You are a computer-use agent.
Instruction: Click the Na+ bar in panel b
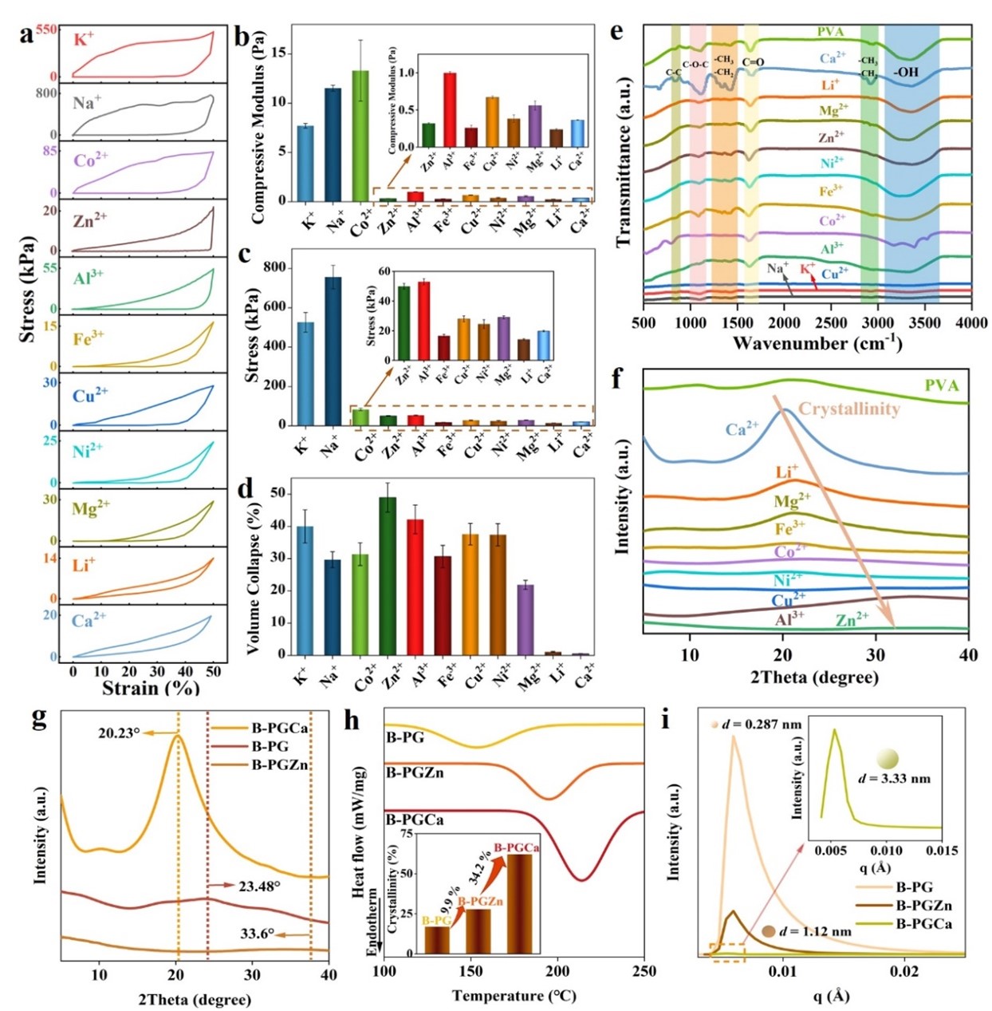pyautogui.click(x=333, y=144)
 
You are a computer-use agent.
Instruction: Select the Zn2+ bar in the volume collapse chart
pyautogui.click(x=388, y=575)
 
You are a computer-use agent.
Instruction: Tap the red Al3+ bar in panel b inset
pyautogui.click(x=450, y=110)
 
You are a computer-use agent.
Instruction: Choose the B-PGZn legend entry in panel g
pyautogui.click(x=280, y=765)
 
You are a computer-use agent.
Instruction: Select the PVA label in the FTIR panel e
pyautogui.click(x=830, y=32)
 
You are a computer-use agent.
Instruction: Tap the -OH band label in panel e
pyautogui.click(x=906, y=72)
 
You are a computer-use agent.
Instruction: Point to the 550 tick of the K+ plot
pyautogui.click(x=45, y=30)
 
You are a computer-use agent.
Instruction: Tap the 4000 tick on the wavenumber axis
pyautogui.click(x=970, y=322)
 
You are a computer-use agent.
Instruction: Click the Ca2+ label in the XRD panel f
pyautogui.click(x=742, y=429)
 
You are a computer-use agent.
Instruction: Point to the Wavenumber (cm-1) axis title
pyautogui.click(x=817, y=344)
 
